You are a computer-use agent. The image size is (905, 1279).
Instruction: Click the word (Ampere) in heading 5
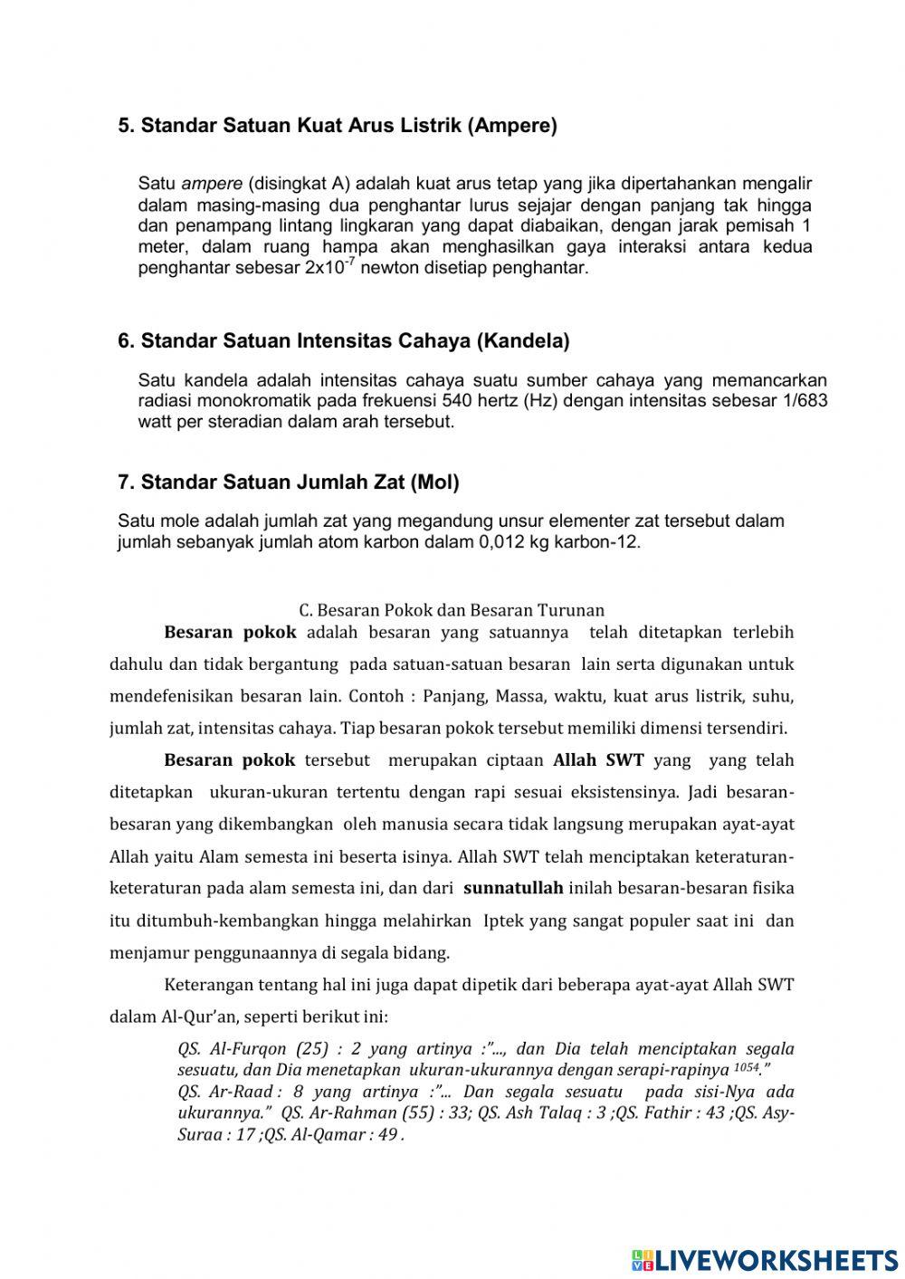tap(511, 126)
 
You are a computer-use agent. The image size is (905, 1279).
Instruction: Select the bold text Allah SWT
tap(598, 760)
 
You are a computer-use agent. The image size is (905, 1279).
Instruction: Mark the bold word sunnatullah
tap(513, 889)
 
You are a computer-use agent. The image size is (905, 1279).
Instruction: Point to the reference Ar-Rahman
tap(359, 1113)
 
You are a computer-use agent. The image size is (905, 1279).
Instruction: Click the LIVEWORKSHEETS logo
tap(764, 1259)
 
